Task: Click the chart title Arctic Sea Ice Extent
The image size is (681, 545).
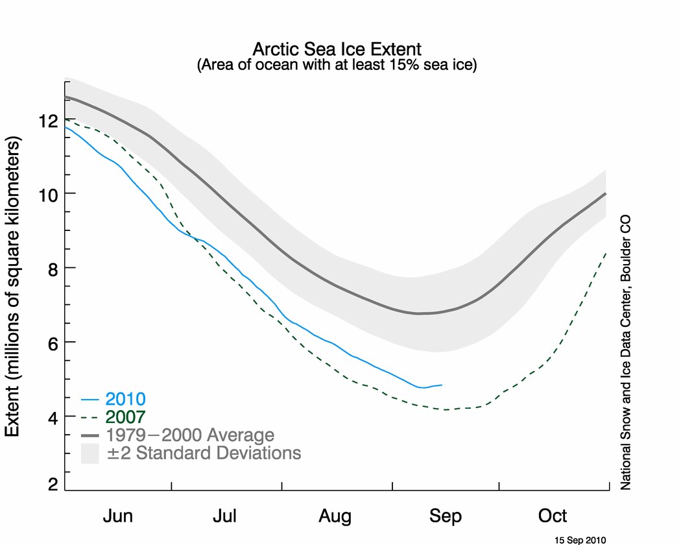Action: pyautogui.click(x=337, y=49)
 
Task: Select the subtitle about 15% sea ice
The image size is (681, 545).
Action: pyautogui.click(x=337, y=66)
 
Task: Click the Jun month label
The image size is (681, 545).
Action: pyautogui.click(x=118, y=516)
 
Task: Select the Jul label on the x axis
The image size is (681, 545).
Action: pyautogui.click(x=225, y=516)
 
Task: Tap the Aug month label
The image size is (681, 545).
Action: pyautogui.click(x=335, y=516)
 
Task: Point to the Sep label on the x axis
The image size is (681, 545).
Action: pyautogui.click(x=446, y=516)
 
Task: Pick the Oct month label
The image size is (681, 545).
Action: pyautogui.click(x=553, y=516)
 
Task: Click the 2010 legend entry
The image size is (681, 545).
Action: pyautogui.click(x=126, y=398)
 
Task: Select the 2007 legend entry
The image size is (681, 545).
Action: pyautogui.click(x=126, y=417)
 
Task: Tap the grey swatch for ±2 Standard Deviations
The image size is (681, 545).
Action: pyautogui.click(x=90, y=453)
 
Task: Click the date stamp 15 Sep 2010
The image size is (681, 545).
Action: pyautogui.click(x=580, y=539)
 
